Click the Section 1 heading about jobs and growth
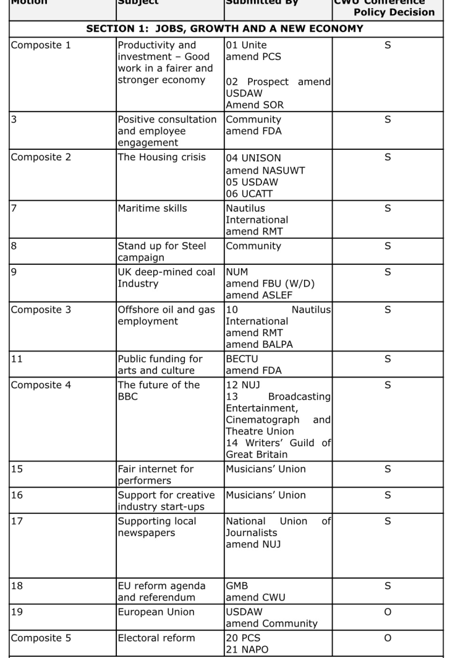point(225,29)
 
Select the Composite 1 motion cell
point(36,45)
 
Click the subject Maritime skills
point(152,209)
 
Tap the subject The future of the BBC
point(159,391)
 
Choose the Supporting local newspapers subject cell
point(157,527)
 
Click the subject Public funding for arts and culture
point(156,365)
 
